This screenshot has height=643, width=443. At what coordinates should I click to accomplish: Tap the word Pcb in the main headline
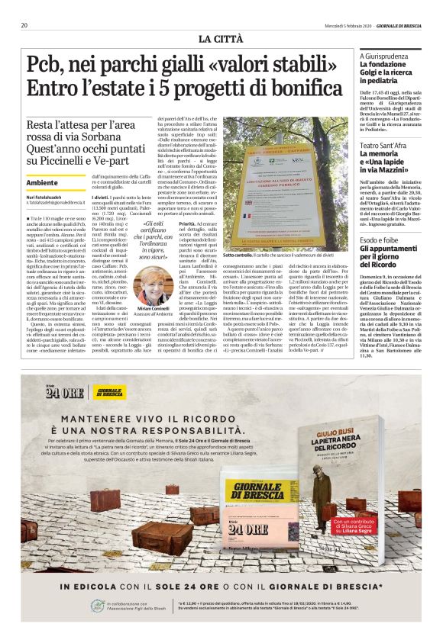47,66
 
